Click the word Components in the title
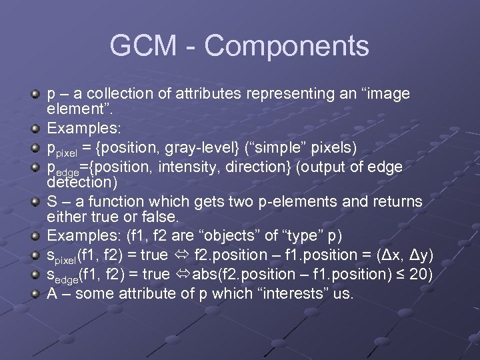(x=287, y=46)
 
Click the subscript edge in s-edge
(x=66, y=278)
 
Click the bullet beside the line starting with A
(x=37, y=293)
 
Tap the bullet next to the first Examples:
(x=37, y=127)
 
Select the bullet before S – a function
(x=37, y=201)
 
